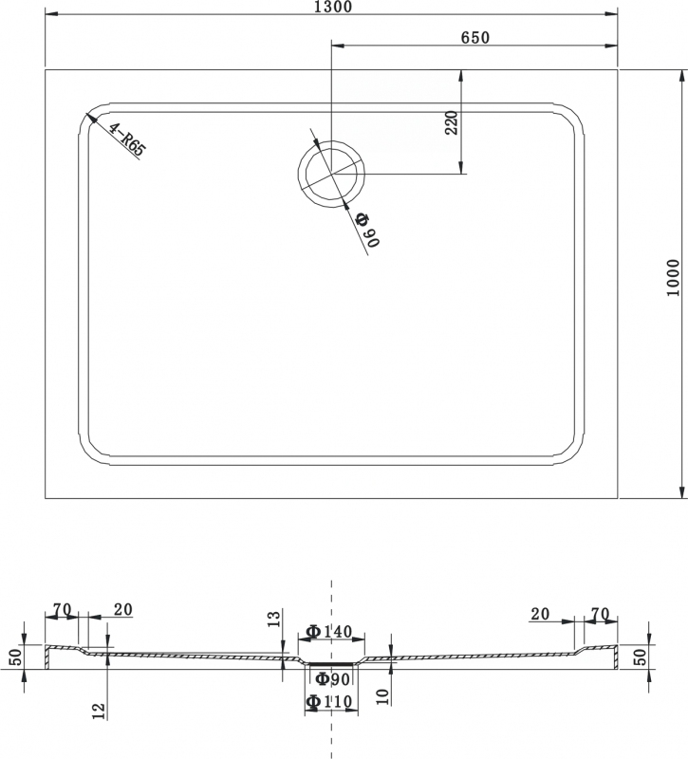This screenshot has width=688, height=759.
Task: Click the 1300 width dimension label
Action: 333,7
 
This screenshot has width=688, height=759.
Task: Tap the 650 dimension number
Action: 475,38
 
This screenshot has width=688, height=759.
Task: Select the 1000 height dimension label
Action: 673,278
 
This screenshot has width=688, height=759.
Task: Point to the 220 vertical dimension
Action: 452,123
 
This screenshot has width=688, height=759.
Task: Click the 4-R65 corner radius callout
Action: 126,139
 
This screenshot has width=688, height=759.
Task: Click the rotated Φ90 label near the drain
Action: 367,230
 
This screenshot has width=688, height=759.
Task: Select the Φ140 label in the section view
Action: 329,631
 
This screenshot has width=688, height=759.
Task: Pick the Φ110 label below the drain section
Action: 329,701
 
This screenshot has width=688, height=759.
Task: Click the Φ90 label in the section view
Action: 333,679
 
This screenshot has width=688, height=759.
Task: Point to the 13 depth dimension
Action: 274,619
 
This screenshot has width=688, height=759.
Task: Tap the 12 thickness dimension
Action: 100,711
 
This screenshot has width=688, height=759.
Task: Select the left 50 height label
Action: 17,657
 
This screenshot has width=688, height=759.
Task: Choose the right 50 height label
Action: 640,657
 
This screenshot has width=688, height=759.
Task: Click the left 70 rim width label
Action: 63,610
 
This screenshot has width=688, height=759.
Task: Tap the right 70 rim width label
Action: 600,614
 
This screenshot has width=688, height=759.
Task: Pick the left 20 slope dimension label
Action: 123,610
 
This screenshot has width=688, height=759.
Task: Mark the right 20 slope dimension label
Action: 540,614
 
